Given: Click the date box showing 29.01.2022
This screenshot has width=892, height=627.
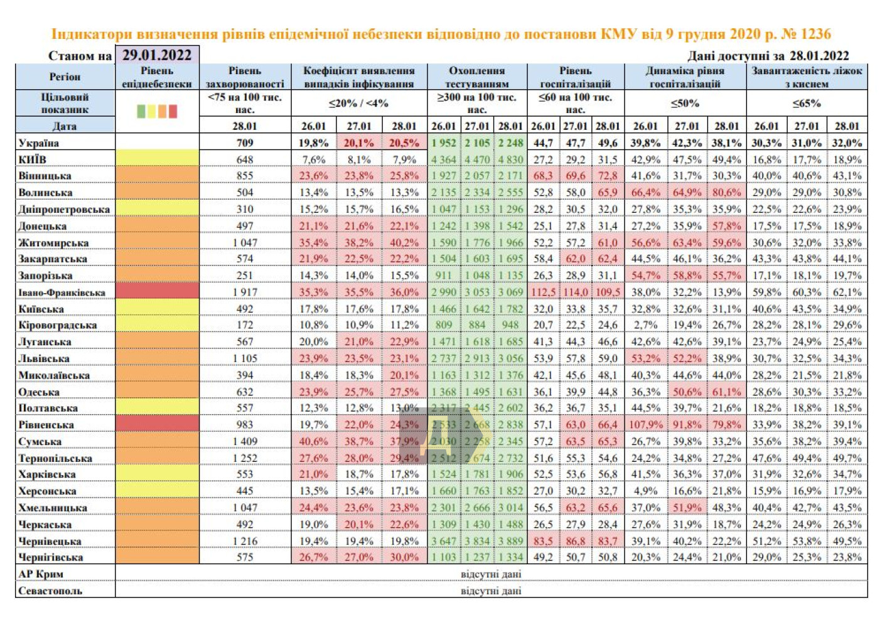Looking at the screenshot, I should pos(157,55).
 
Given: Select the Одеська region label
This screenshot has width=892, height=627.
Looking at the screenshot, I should pos(39,392).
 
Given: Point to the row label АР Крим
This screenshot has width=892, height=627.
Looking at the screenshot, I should pos(41,574).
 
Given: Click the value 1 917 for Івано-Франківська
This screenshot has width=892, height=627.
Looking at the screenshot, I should pos(245,292).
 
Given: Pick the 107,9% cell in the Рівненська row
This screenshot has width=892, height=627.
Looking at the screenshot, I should pos(645,425).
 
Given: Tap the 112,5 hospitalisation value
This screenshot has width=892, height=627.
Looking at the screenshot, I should pos(543,292).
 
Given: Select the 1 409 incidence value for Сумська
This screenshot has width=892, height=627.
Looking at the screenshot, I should pos(245,441).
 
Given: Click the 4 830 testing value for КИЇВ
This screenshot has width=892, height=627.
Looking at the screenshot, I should pos(510,159).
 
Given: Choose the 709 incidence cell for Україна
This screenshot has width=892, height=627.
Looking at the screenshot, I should pos(245,142).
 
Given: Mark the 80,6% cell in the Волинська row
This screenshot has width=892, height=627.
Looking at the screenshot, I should pos(726,192).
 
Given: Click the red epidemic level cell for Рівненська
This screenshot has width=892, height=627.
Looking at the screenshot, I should pos(157,425).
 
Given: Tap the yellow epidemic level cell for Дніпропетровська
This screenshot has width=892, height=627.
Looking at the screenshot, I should pos(157,209).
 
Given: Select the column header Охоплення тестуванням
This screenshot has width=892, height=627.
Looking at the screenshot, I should pos(477,77).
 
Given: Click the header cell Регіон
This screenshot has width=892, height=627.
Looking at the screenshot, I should pos(65,77).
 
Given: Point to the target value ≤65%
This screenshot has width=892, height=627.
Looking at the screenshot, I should pos(807,103).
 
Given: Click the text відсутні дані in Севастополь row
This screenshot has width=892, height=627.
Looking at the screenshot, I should pos(491,591).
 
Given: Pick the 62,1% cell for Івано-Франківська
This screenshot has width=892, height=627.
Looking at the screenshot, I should pos(847,292).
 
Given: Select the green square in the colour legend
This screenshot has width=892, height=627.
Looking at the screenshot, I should pos(141,111).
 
